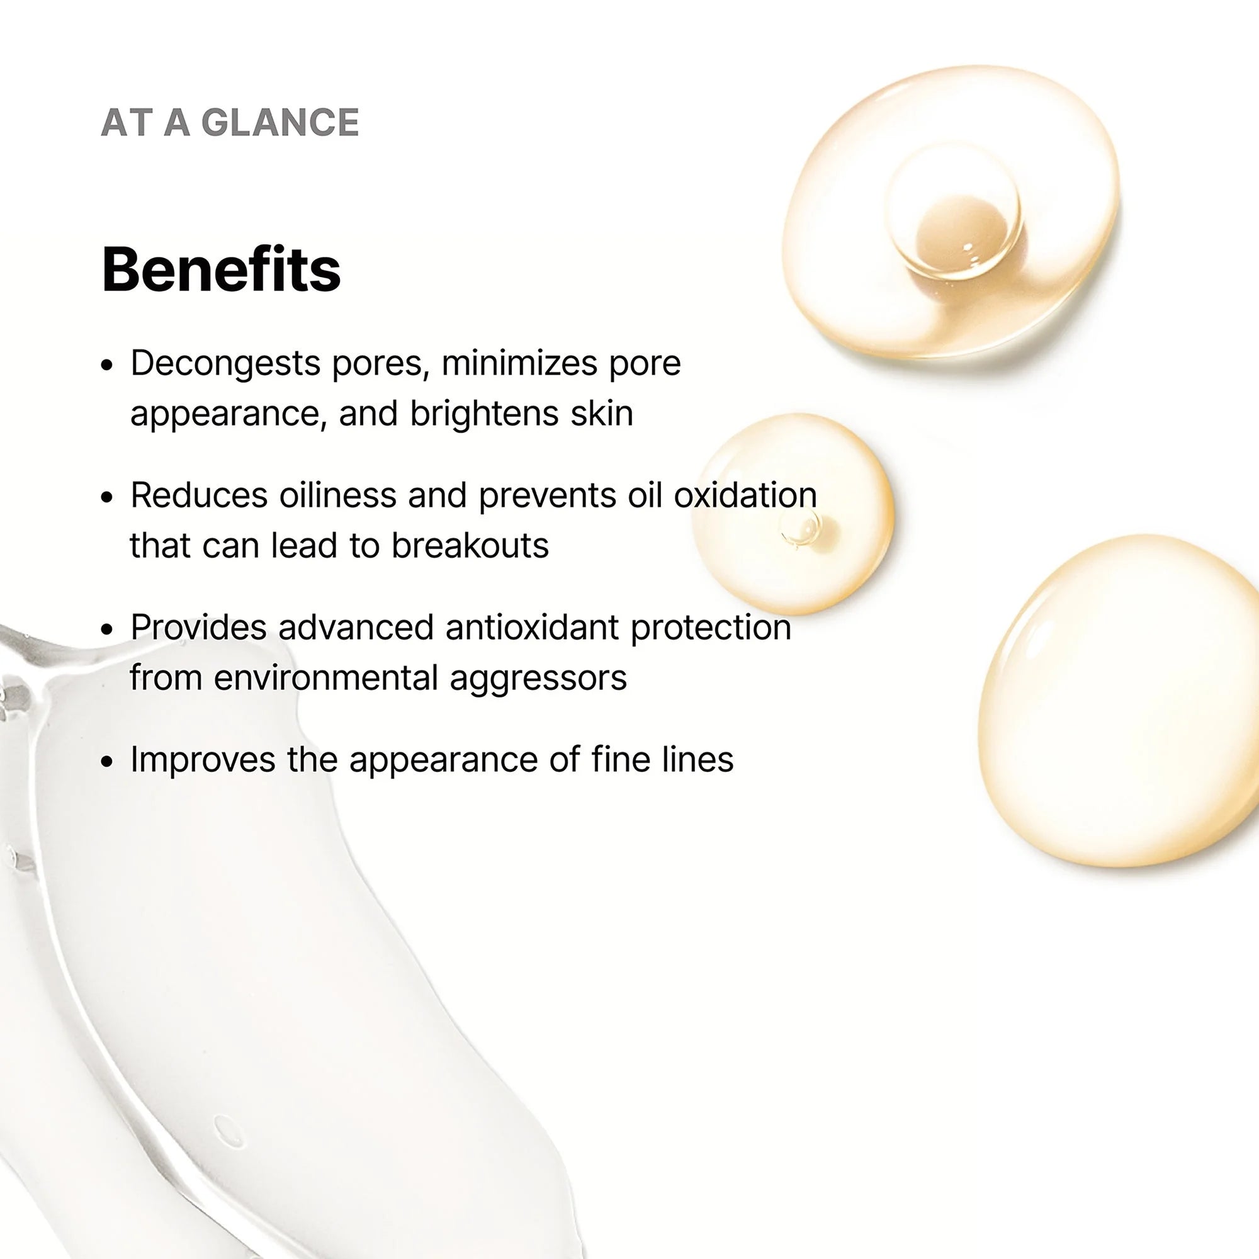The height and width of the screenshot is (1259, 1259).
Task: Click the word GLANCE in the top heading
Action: [x=280, y=122]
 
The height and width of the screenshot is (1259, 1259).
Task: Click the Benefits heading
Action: [x=221, y=269]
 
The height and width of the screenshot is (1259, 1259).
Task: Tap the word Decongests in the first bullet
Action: [x=225, y=364]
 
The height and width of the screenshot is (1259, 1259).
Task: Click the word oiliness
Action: [x=337, y=495]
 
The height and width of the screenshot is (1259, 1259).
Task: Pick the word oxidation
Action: [x=745, y=495]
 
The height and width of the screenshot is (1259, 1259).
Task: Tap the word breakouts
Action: [x=470, y=545]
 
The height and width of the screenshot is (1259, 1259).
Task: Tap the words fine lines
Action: [x=663, y=759]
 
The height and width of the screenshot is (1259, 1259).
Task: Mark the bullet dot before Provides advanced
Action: [x=108, y=629]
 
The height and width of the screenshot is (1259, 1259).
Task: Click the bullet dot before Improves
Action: [x=108, y=762]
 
